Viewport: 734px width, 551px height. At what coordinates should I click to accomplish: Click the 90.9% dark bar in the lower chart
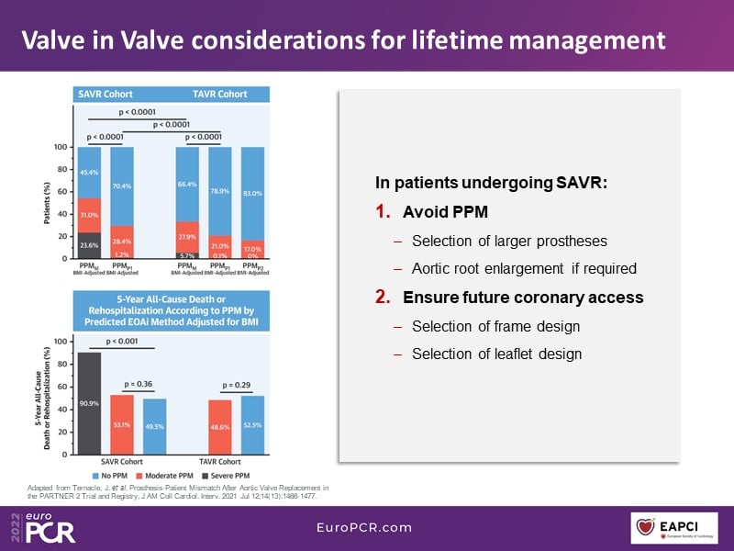[x=89, y=402]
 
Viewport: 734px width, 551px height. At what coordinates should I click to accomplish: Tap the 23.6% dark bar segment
[x=89, y=245]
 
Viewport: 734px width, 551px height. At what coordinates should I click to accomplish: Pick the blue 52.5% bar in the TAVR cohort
[x=253, y=425]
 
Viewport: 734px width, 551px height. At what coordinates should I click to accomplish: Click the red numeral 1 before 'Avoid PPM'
[x=383, y=212]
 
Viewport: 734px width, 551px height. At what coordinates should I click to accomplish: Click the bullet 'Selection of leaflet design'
[x=496, y=354]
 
